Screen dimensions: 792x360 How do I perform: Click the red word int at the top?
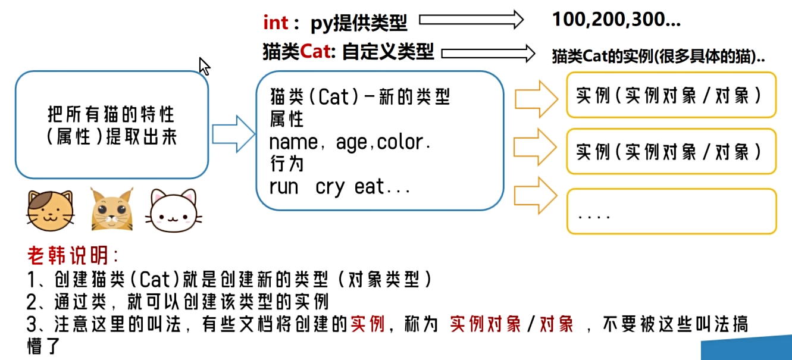click(276, 23)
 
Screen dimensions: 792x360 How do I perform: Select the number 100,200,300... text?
click(616, 20)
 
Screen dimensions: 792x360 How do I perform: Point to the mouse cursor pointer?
click(204, 66)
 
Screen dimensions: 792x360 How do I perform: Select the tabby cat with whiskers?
click(111, 209)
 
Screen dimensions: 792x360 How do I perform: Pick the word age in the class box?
click(353, 143)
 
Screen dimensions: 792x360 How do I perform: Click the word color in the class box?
click(403, 143)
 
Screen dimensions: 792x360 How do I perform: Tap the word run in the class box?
click(283, 187)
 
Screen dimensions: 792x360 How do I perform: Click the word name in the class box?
click(293, 143)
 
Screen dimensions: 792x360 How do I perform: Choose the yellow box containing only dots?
click(671, 212)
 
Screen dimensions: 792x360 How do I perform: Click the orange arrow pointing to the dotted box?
click(536, 198)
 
